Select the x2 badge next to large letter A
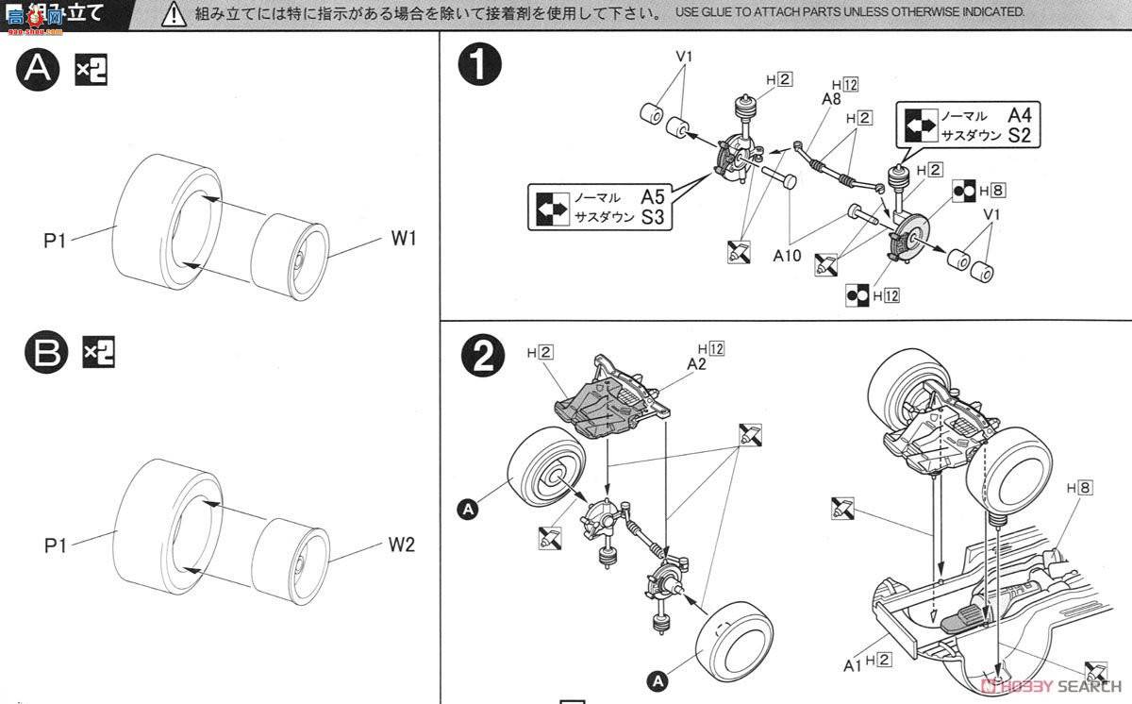point(92,69)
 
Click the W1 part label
point(404,240)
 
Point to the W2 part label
point(400,545)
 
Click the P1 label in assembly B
point(56,545)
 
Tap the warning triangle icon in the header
point(173,13)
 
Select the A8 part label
point(831,99)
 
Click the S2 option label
point(1019,135)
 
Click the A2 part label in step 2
point(697,363)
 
